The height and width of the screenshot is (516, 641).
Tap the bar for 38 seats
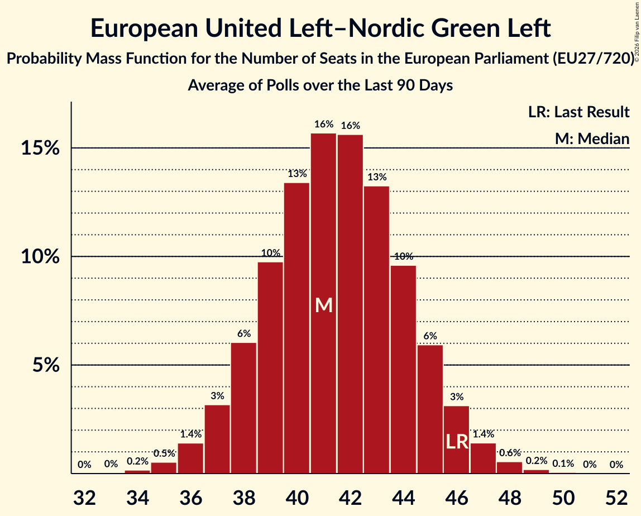tap(243, 408)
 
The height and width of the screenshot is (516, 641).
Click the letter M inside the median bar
tap(324, 305)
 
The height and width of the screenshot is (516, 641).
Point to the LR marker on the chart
tap(457, 442)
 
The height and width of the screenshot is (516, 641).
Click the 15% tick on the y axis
tap(41, 149)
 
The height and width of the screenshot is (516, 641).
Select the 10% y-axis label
tap(41, 257)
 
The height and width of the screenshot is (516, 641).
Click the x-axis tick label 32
tap(84, 496)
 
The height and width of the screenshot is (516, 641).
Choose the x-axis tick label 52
tap(616, 496)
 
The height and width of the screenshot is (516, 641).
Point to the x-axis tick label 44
tap(404, 496)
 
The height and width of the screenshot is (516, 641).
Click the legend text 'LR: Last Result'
tap(579, 112)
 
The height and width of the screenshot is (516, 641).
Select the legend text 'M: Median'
tap(592, 138)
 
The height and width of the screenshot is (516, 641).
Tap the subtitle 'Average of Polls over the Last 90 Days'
tap(320, 85)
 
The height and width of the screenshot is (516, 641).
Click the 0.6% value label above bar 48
tap(510, 453)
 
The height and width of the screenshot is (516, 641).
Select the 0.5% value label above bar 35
tap(164, 453)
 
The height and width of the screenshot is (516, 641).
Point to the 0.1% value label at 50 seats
tap(563, 464)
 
